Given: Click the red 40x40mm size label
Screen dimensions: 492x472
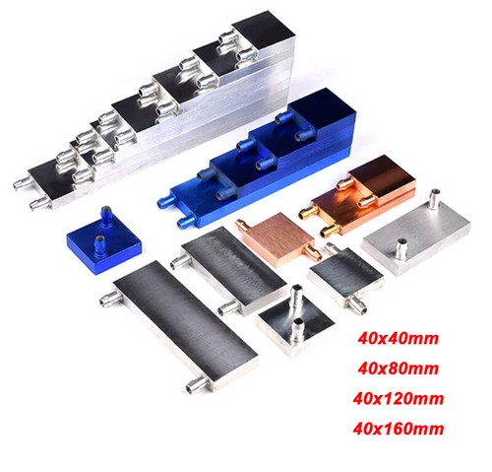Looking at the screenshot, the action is coord(398,339).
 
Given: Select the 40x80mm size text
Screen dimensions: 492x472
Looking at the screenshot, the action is coord(398,369).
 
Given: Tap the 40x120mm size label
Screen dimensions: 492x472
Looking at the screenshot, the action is coord(399,399).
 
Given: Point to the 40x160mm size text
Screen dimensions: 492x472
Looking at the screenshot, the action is coord(399,429).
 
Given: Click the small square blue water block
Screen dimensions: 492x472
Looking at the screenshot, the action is coord(104,236).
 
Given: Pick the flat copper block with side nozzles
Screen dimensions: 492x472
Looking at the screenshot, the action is coord(278,238).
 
